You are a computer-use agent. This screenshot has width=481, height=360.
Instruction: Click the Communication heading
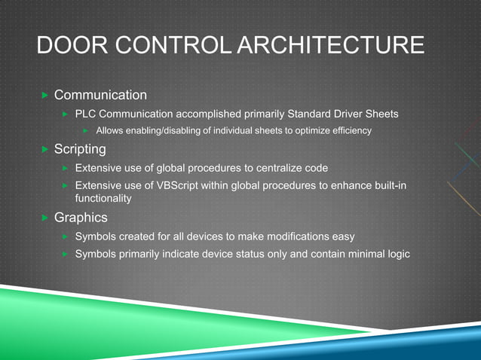(x=100, y=95)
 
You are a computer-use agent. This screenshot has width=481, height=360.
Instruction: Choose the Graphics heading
(x=81, y=218)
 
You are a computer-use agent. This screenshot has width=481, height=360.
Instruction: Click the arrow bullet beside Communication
(x=44, y=96)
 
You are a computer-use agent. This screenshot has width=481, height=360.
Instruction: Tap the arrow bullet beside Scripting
(x=44, y=150)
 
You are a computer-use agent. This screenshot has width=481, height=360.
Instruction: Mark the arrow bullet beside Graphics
(x=44, y=218)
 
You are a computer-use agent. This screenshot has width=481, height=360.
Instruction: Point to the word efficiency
(x=350, y=132)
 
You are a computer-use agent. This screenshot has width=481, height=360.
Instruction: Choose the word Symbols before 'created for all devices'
(x=96, y=236)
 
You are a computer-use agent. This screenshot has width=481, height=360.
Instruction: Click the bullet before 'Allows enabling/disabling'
(x=86, y=132)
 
